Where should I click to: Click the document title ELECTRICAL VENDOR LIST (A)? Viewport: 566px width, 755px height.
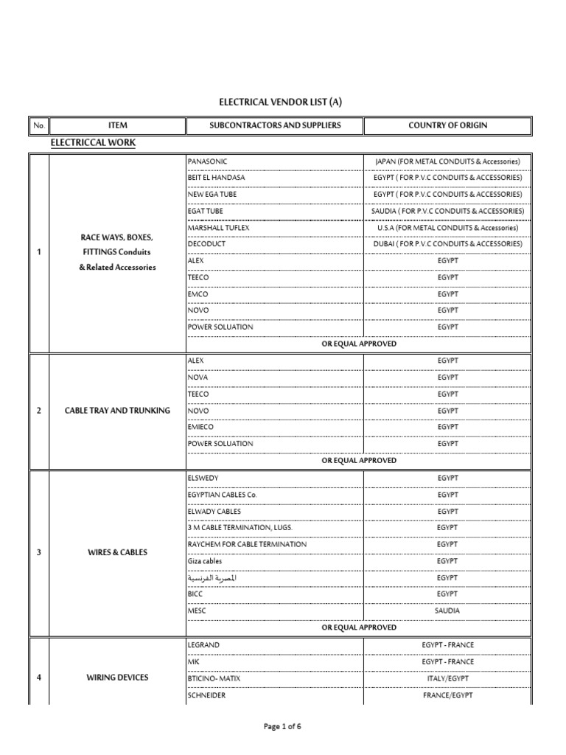(x=281, y=102)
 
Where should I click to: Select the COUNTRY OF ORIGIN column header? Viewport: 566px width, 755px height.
(x=447, y=125)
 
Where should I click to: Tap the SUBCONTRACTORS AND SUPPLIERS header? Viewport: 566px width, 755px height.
(x=275, y=125)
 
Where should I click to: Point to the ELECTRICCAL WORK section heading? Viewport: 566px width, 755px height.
(x=93, y=142)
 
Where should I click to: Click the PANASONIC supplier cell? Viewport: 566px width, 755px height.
(x=208, y=161)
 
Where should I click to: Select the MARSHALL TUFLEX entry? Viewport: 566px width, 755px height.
(x=219, y=228)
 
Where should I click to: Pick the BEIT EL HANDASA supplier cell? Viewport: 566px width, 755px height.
(x=217, y=178)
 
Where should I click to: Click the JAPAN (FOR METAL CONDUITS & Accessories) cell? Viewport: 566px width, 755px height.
(x=447, y=161)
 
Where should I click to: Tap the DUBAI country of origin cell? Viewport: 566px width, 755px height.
(x=447, y=244)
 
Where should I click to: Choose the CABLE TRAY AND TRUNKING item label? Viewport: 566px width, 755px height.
(x=118, y=411)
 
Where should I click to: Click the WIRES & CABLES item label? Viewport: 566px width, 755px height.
(x=117, y=552)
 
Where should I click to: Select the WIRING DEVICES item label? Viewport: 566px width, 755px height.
(x=117, y=678)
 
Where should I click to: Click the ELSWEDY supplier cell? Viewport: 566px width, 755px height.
(x=203, y=478)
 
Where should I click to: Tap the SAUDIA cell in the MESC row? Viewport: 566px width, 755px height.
(x=447, y=611)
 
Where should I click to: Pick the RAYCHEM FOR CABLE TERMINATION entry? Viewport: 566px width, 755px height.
(x=247, y=544)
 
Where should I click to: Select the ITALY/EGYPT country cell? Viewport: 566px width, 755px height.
(x=447, y=678)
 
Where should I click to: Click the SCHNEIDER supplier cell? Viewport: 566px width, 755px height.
(x=207, y=695)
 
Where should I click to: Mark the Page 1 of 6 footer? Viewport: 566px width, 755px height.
(x=283, y=727)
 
